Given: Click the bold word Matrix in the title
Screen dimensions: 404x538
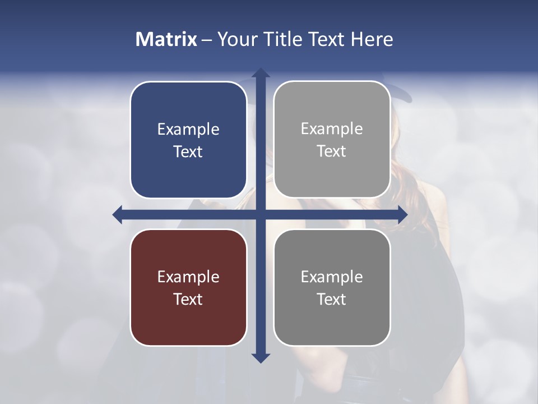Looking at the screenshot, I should click(166, 39).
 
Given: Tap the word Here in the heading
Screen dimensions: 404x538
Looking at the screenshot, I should click(372, 39).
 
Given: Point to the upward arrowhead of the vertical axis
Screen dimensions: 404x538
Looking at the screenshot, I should click(261, 73).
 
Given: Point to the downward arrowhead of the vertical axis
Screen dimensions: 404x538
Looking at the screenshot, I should click(261, 357).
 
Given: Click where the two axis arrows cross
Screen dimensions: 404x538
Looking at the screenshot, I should click(261, 214).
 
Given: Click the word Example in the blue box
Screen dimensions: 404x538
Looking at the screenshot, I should click(188, 130).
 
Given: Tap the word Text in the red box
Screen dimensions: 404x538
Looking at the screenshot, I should click(188, 299).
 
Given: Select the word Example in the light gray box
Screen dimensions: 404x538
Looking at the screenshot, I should click(332, 129).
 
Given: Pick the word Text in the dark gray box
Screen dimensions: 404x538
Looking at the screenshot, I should click(332, 299).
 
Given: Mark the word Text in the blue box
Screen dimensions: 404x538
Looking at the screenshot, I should click(188, 151).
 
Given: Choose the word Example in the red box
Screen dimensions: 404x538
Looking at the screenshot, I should click(188, 277).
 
